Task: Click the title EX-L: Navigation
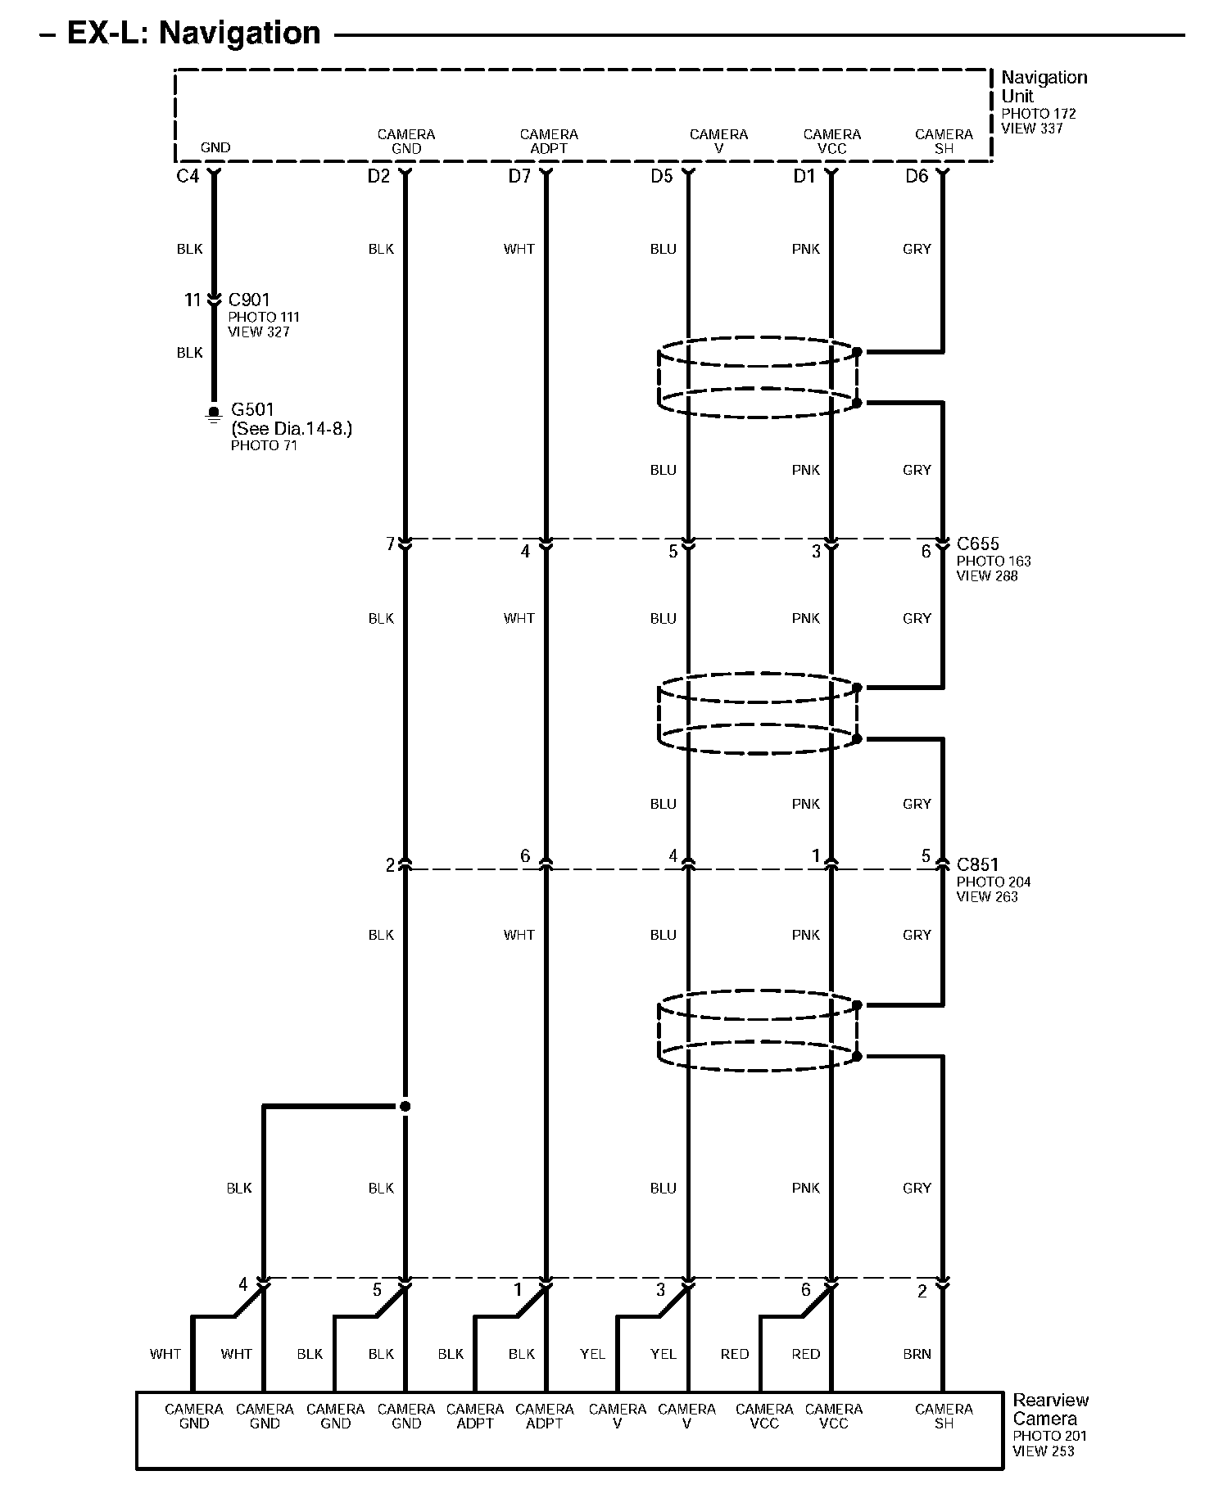(x=193, y=34)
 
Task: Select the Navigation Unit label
(x=1044, y=87)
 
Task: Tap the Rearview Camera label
(x=1051, y=1410)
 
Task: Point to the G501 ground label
(x=252, y=409)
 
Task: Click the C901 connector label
(x=249, y=300)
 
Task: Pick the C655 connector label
(x=978, y=544)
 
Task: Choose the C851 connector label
(x=978, y=864)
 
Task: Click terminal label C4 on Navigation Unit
(x=188, y=176)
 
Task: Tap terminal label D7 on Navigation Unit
(x=519, y=176)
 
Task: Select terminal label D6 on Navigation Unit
(x=917, y=176)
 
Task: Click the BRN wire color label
(x=917, y=1354)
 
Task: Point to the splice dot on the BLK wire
(x=405, y=1107)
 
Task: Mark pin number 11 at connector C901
(x=192, y=300)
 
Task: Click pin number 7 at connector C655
(x=391, y=544)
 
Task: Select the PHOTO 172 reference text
(x=1039, y=114)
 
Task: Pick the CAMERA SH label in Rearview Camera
(x=944, y=1416)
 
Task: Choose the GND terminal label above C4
(x=215, y=148)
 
